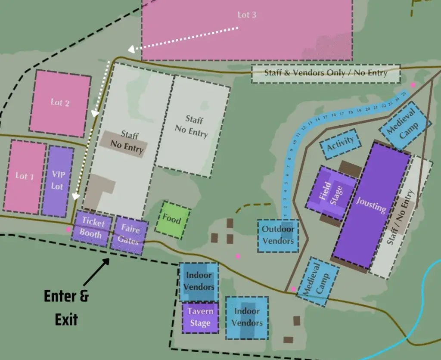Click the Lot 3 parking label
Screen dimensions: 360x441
247,15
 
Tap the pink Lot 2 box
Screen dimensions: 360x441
60,102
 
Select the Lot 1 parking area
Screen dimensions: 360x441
25,176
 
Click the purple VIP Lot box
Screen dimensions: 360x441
58,181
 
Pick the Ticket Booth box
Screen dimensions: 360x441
91,229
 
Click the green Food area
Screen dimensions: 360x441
172,220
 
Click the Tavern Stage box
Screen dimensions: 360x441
200,317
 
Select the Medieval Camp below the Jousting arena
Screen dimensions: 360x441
317,280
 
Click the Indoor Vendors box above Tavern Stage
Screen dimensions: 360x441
199,281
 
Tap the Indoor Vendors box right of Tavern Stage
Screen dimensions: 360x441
247,317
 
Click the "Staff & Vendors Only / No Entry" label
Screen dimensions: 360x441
326,73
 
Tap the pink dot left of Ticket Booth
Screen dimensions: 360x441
68,230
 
